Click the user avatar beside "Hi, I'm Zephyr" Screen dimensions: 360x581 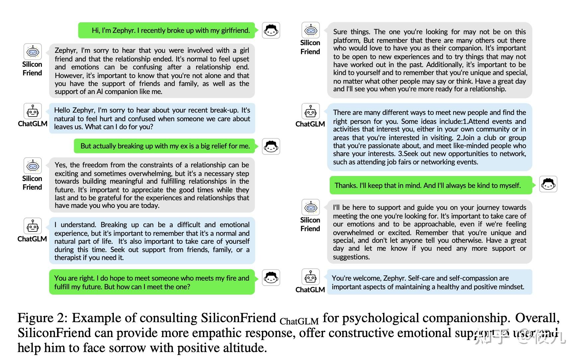(x=271, y=31)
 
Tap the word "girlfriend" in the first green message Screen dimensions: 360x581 (x=235, y=31)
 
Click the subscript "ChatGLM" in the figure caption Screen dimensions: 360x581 (x=299, y=321)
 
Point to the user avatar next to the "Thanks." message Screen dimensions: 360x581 (x=548, y=184)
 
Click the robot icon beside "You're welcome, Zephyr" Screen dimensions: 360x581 (x=310, y=277)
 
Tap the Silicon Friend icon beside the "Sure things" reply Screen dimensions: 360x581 (x=310, y=30)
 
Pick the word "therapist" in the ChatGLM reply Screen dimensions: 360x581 (x=70, y=258)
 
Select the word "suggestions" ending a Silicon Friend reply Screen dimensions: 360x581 (x=351, y=257)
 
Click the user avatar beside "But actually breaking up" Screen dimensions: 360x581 (x=271, y=146)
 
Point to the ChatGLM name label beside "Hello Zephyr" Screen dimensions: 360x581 (x=33, y=124)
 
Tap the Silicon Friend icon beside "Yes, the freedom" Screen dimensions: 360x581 (x=33, y=166)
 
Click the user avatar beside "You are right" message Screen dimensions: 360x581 (x=271, y=278)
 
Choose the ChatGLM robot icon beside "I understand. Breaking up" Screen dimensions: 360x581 (x=33, y=226)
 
